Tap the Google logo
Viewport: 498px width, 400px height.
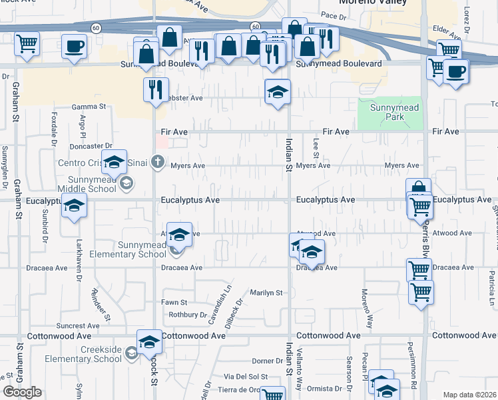22,392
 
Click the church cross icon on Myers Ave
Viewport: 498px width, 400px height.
157,161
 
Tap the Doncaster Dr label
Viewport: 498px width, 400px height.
90,146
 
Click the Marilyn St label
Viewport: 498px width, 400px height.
266,293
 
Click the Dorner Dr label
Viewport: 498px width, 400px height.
268,361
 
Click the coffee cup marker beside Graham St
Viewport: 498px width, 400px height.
73,47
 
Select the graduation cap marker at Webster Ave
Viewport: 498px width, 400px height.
278,92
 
